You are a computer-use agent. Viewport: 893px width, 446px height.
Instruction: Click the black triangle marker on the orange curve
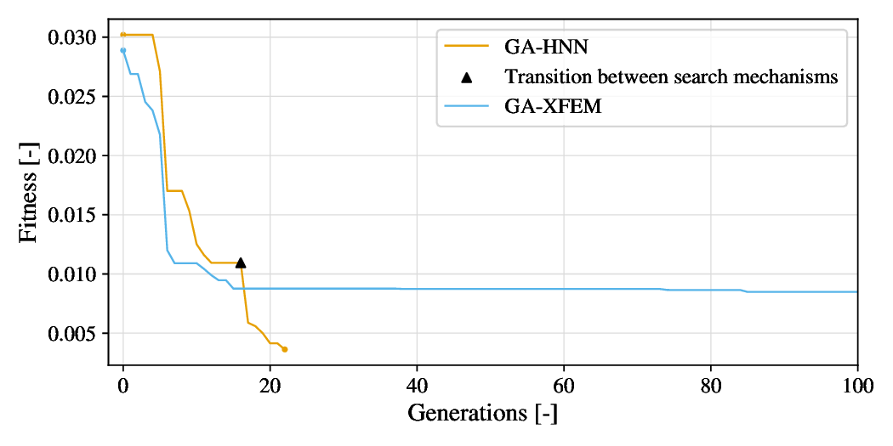point(241,263)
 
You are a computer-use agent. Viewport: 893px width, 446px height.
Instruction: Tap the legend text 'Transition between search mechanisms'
point(671,77)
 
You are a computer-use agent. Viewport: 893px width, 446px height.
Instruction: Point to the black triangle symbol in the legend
point(466,77)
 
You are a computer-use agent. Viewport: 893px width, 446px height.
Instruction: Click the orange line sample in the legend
point(466,47)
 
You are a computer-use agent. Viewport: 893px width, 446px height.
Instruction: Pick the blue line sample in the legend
point(466,107)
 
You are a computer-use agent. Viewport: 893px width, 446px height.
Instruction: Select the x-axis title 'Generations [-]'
point(482,414)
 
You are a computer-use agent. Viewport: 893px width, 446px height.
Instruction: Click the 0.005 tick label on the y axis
point(76,333)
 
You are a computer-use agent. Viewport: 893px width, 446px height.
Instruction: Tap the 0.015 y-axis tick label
point(76,215)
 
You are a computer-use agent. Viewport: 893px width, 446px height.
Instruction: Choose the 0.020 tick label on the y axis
point(76,155)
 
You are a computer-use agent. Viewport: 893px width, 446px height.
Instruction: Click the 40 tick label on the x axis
point(417,384)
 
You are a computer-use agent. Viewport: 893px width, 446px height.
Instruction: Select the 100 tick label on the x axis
point(857,384)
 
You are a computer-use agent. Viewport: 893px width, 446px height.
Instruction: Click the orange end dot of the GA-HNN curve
point(285,349)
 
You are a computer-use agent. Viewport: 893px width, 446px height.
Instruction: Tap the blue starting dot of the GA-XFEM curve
point(123,50)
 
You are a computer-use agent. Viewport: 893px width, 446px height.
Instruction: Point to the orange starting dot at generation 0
point(123,35)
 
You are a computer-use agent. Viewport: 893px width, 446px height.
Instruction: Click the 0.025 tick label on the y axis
point(76,96)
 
